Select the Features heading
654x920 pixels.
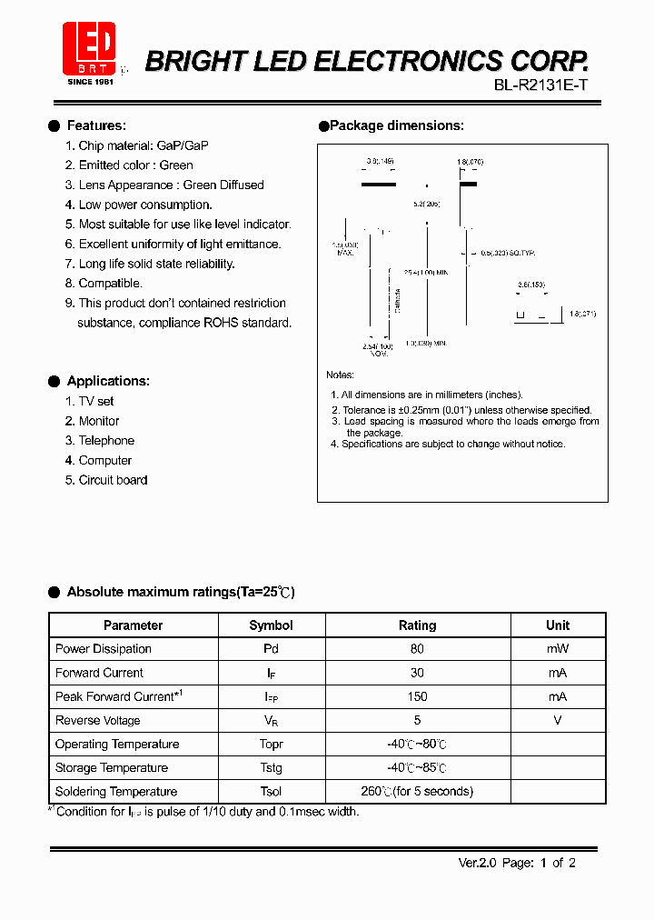(x=96, y=125)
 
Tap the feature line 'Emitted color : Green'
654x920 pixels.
(x=135, y=165)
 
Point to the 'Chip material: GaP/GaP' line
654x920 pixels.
(x=144, y=145)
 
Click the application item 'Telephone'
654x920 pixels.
(x=106, y=441)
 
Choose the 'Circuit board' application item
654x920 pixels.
(x=113, y=480)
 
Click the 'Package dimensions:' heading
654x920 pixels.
(x=396, y=125)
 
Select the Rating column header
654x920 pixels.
(x=417, y=625)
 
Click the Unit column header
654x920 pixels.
(x=558, y=625)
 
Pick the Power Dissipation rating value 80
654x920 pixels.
(x=417, y=649)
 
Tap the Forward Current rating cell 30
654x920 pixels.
(x=417, y=673)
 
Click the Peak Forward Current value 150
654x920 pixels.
(x=417, y=696)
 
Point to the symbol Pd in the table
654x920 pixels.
(x=271, y=649)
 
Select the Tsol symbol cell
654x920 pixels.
(x=271, y=792)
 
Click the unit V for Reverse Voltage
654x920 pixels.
(x=558, y=720)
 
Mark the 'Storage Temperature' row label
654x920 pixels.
(x=112, y=768)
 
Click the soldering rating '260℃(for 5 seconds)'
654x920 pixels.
(x=417, y=792)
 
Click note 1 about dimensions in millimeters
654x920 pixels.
(x=427, y=395)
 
